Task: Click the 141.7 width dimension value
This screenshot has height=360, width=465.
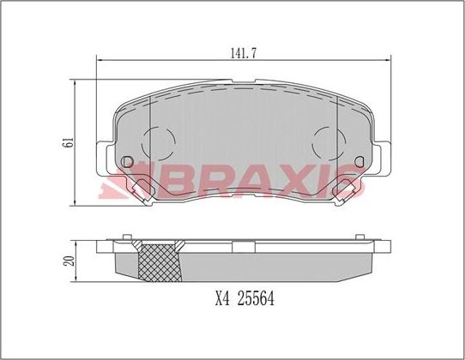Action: coord(244,52)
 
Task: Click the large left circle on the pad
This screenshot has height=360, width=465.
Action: coord(157,141)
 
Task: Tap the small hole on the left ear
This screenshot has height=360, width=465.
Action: coord(129,161)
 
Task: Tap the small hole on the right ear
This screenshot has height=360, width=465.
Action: coord(358,161)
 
